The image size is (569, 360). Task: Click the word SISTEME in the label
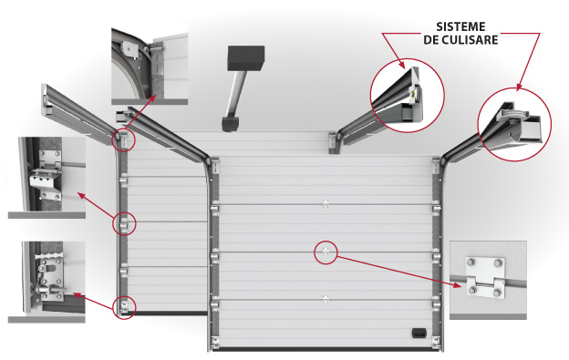point(460,26)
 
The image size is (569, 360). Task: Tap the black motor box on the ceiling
point(245,58)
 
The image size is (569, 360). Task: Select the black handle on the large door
point(419,333)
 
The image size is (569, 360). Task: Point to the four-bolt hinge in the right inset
point(486,277)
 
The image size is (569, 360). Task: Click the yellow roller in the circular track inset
point(414,94)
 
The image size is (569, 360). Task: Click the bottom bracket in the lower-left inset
point(49,276)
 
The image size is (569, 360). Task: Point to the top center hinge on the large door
point(326,204)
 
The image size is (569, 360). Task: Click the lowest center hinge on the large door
point(326,299)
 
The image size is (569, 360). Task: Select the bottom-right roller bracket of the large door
point(436,343)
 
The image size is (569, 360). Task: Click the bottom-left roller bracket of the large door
point(215,343)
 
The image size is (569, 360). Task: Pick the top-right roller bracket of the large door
point(436,165)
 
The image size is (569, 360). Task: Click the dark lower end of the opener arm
point(230,123)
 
